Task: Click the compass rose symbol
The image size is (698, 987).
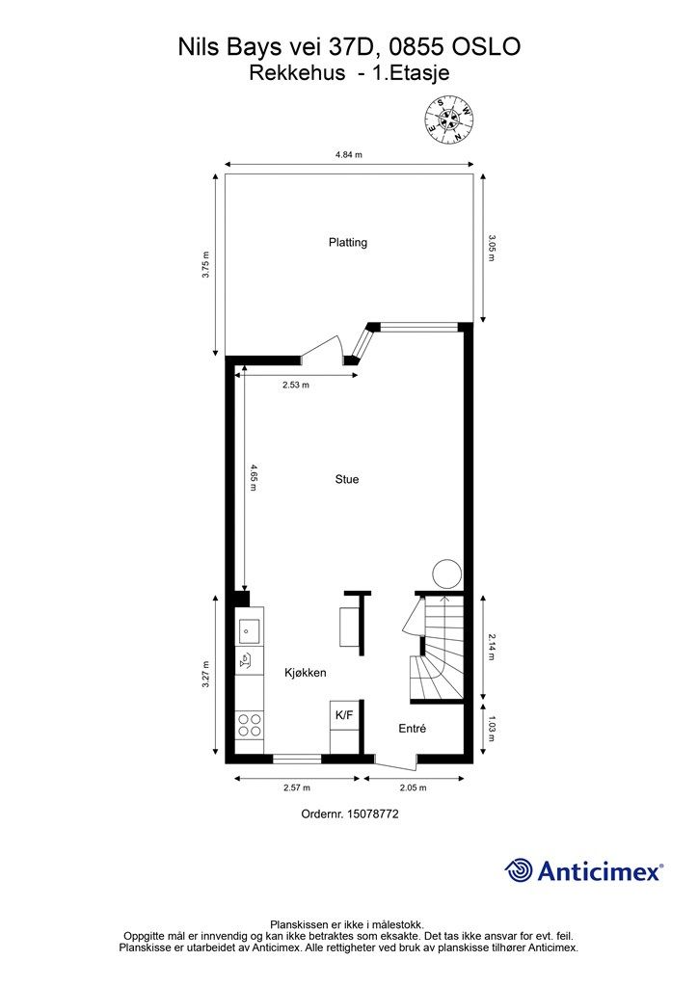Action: (x=449, y=120)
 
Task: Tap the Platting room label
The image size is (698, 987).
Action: (x=348, y=242)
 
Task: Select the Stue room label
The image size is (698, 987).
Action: (x=347, y=480)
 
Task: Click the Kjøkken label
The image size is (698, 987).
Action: (x=306, y=673)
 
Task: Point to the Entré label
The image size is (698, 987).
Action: (x=413, y=729)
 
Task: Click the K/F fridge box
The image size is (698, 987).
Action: (x=345, y=715)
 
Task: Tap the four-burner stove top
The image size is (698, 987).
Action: (x=250, y=725)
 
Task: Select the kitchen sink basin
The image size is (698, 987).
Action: (x=249, y=631)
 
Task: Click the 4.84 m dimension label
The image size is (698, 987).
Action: (x=349, y=155)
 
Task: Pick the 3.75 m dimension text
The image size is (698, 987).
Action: (x=205, y=265)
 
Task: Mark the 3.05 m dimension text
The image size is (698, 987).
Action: (x=493, y=248)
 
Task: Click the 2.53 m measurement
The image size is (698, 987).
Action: (x=296, y=386)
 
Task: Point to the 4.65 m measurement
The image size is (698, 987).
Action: (x=253, y=477)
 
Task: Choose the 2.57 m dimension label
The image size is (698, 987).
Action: (x=297, y=787)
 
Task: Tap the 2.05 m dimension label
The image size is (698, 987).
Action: (x=414, y=787)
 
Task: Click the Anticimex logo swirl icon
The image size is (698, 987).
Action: (x=519, y=870)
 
